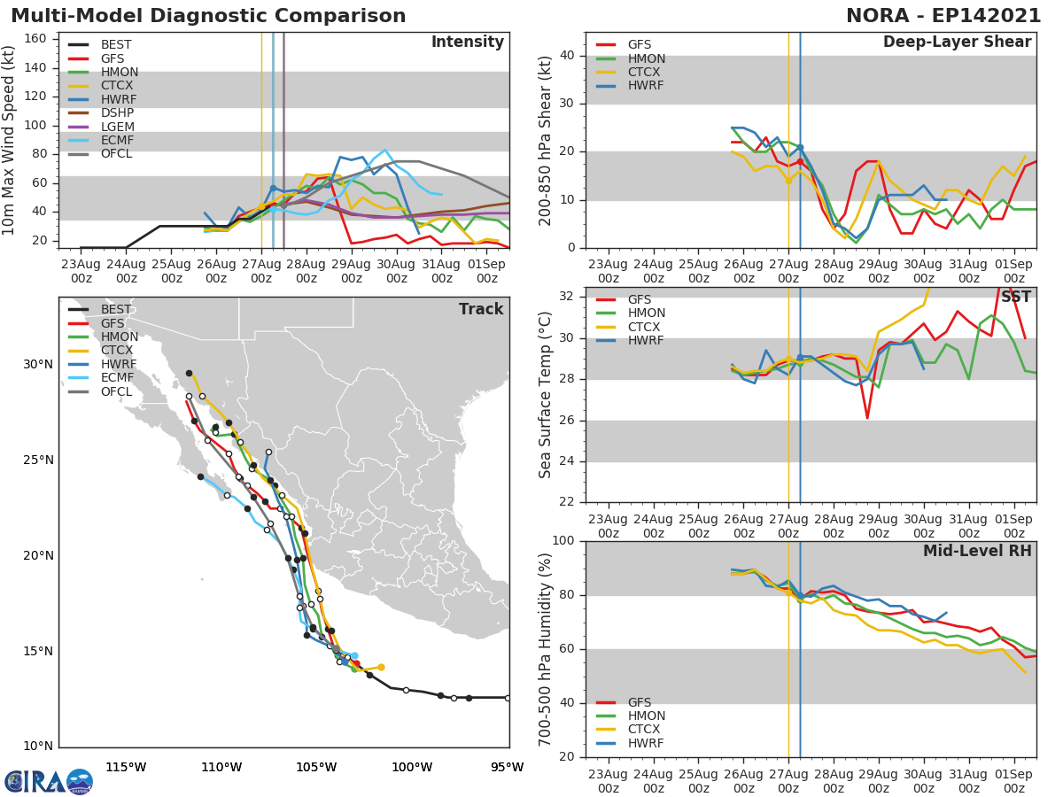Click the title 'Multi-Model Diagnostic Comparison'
(208, 16)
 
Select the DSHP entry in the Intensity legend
(117, 113)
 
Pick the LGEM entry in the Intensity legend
(117, 128)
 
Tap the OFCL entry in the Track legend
(117, 392)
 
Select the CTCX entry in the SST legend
(645, 327)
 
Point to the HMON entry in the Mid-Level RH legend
(646, 716)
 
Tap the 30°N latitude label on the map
(38, 364)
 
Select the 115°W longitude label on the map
(126, 767)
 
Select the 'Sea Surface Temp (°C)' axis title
(546, 395)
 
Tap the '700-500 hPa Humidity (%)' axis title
(546, 649)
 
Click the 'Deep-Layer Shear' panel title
(957, 43)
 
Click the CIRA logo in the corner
(48, 782)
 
